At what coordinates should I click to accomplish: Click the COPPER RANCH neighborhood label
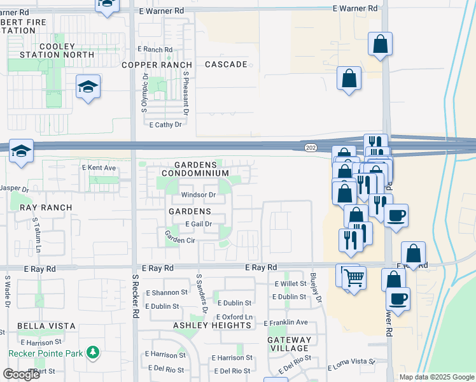[157, 65]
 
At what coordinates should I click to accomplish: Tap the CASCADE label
[226, 65]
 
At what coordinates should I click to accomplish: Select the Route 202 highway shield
[310, 148]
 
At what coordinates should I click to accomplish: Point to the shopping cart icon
[354, 277]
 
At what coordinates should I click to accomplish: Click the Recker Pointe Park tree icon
[93, 352]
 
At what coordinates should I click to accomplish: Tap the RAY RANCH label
[46, 208]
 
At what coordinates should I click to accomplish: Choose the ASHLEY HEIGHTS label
[212, 325]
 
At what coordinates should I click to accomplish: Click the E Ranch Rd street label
[155, 50]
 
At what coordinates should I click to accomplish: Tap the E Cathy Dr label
[165, 125]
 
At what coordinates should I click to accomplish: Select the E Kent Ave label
[99, 168]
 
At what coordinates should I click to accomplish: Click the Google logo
[22, 374]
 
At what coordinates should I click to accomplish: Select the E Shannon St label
[167, 293]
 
